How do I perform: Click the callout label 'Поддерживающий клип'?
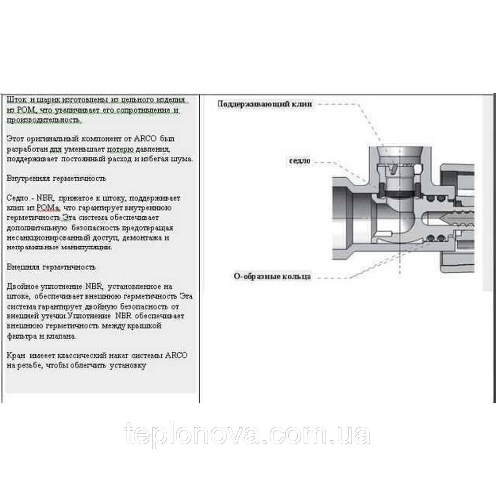tap(265, 105)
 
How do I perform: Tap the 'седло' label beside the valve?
tap(300, 161)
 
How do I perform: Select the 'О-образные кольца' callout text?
tap(272, 276)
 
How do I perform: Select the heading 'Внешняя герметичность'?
tap(52, 267)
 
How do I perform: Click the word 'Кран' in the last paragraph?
tap(16, 356)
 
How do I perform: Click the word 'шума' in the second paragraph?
tap(182, 159)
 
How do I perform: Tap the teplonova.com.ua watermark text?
tap(248, 434)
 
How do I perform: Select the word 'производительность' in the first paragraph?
tap(44, 120)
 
